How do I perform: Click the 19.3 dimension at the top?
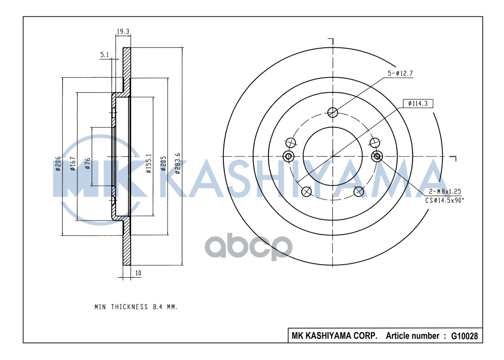[123, 31]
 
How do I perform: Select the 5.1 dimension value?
[104, 54]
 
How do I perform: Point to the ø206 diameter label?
[58, 164]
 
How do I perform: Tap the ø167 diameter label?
[73, 164]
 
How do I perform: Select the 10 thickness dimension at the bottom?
[138, 273]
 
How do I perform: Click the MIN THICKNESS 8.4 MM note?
[136, 307]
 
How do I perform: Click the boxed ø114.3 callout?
[418, 103]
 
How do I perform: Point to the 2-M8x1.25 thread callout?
[444, 191]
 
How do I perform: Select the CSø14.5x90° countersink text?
[445, 200]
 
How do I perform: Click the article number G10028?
[464, 336]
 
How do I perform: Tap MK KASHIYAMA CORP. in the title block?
[335, 336]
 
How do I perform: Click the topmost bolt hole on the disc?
[332, 112]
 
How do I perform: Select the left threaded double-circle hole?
[288, 156]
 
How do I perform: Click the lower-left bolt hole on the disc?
[306, 192]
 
